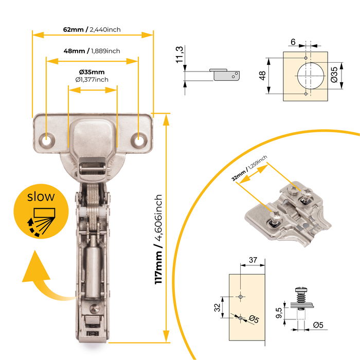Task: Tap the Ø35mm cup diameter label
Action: pyautogui.click(x=92, y=71)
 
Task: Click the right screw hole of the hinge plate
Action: pyautogui.click(x=139, y=139)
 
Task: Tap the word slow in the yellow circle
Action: pyautogui.click(x=41, y=196)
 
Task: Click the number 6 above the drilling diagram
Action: pyautogui.click(x=293, y=42)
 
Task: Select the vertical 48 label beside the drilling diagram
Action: pyautogui.click(x=263, y=76)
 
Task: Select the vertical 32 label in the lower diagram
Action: pyautogui.click(x=217, y=308)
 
